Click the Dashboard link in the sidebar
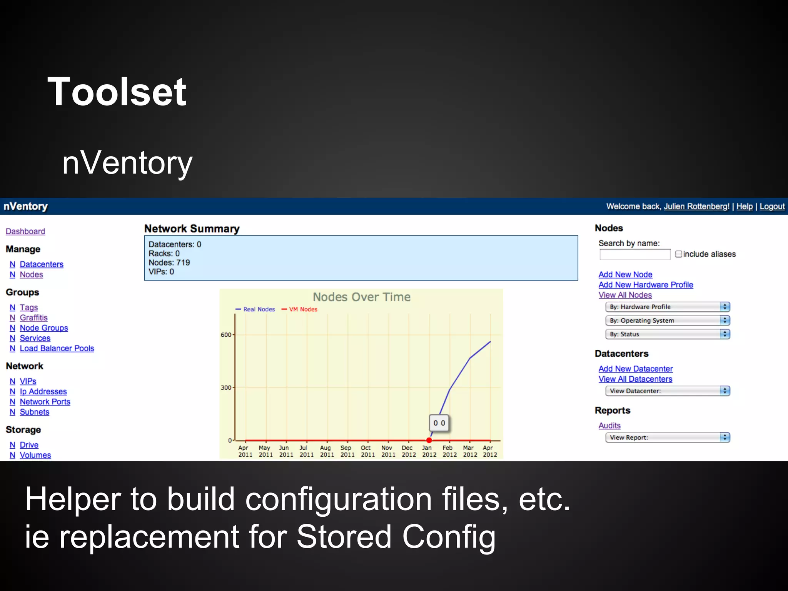pyautogui.click(x=25, y=231)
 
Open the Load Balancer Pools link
pyautogui.click(x=57, y=348)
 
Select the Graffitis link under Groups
pyautogui.click(x=33, y=317)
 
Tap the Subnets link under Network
pyautogui.click(x=34, y=412)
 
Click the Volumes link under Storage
pyautogui.click(x=35, y=455)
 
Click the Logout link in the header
pyautogui.click(x=772, y=206)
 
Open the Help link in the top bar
pyautogui.click(x=744, y=206)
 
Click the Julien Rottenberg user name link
pyautogui.click(x=696, y=206)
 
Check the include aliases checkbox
pyautogui.click(x=678, y=254)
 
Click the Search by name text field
pyautogui.click(x=634, y=254)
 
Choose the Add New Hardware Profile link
pyautogui.click(x=646, y=285)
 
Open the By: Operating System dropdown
pyautogui.click(x=668, y=321)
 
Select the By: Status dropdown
pyautogui.click(x=668, y=334)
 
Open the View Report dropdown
pyautogui.click(x=668, y=437)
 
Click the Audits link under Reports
pyautogui.click(x=609, y=426)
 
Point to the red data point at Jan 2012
pyautogui.click(x=429, y=440)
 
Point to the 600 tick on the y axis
pyautogui.click(x=226, y=335)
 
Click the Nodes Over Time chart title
pyautogui.click(x=361, y=297)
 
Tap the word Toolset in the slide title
pyautogui.click(x=117, y=92)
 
